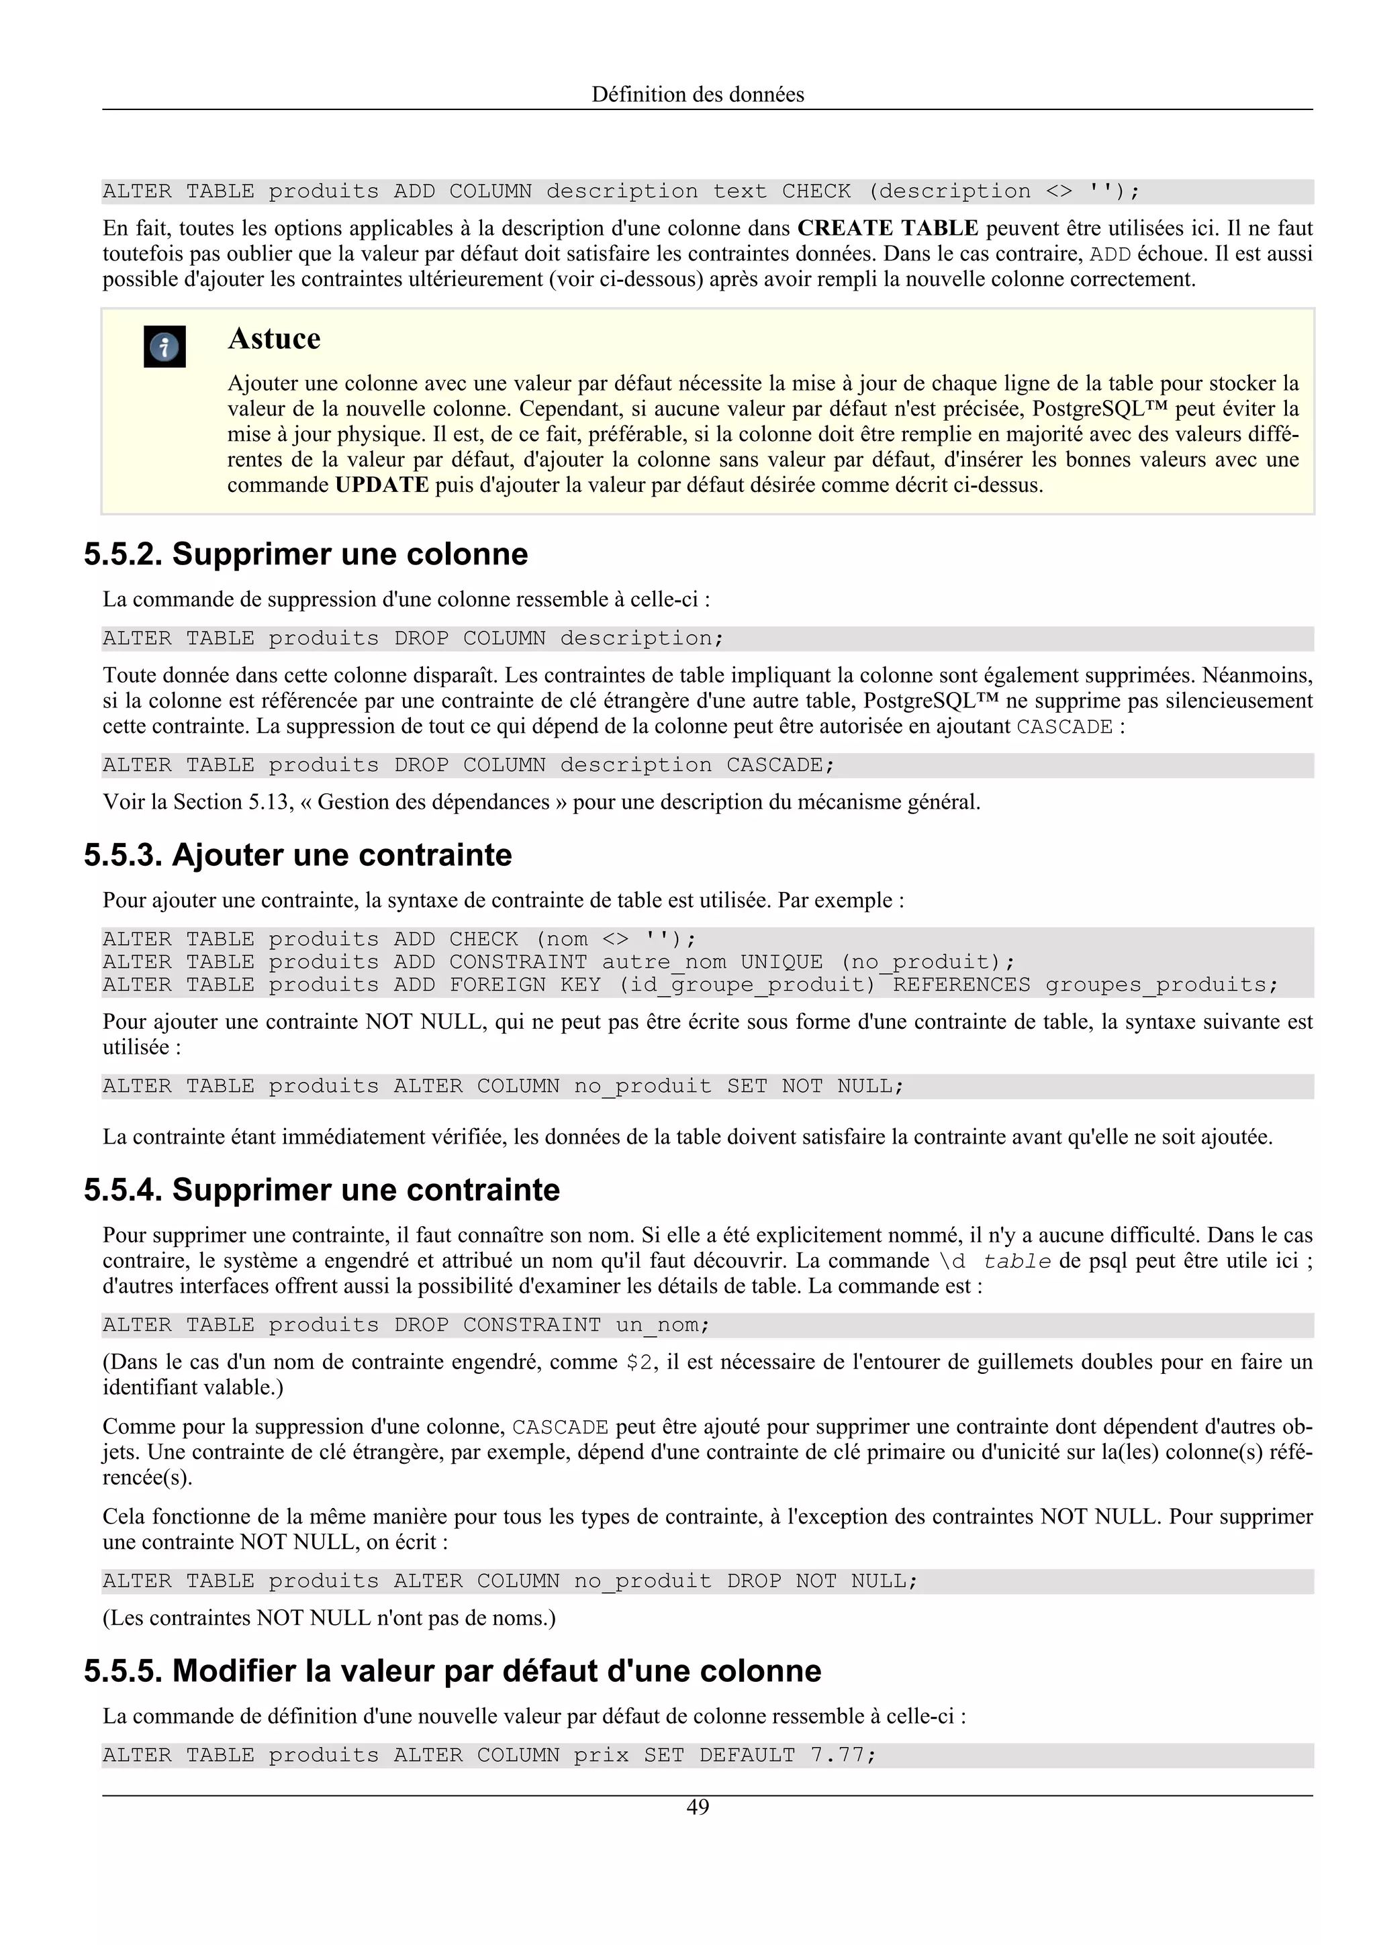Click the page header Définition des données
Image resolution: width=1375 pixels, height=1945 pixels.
pos(698,94)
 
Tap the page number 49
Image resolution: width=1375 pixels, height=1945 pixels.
pos(698,1806)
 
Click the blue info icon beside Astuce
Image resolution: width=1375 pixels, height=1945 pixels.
pos(164,346)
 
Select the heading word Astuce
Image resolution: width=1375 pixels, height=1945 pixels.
pos(274,338)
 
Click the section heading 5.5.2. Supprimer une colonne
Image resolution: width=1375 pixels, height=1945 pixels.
pos(306,553)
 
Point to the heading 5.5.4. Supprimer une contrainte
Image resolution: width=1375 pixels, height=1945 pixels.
pos(322,1189)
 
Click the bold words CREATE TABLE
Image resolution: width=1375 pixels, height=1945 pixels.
pos(887,228)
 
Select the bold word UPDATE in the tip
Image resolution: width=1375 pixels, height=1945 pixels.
pos(381,485)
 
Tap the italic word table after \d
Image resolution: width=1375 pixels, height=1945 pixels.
pos(1016,1261)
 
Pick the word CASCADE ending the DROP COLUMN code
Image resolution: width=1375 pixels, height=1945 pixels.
pos(773,765)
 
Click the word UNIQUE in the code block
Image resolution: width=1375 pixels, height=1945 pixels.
pos(781,962)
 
